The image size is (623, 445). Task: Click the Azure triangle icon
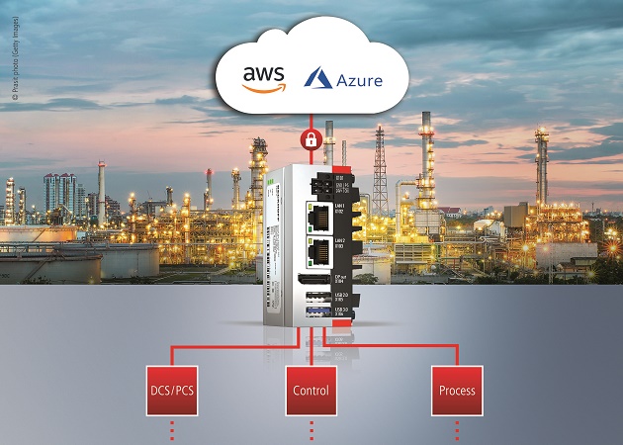click(x=317, y=77)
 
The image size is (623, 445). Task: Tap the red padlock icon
click(x=311, y=139)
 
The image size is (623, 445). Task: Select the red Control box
click(x=311, y=390)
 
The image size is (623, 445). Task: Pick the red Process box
click(x=457, y=390)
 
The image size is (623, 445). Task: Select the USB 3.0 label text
click(x=340, y=313)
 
